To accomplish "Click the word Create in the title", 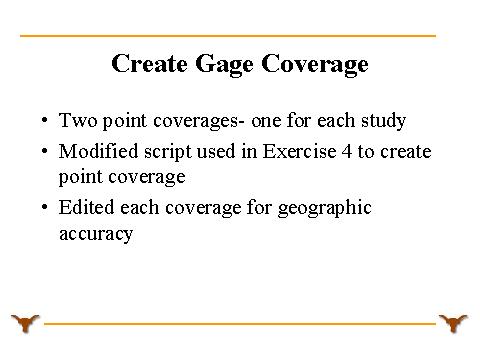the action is pyautogui.click(x=149, y=63).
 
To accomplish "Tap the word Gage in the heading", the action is pyautogui.click(x=224, y=65).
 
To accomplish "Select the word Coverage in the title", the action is pyautogui.click(x=315, y=65).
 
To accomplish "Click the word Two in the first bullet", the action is pyautogui.click(x=78, y=120).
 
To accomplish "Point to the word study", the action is pyautogui.click(x=384, y=121).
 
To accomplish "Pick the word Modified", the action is pyautogui.click(x=98, y=151).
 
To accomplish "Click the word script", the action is pyautogui.click(x=168, y=152).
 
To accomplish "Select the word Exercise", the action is pyautogui.click(x=299, y=151).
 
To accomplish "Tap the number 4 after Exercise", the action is pyautogui.click(x=347, y=152).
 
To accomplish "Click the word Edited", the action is pyautogui.click(x=86, y=207).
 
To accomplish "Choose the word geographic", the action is pyautogui.click(x=325, y=208).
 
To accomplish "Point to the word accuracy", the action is pyautogui.click(x=96, y=234).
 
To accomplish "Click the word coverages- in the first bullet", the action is pyautogui.click(x=199, y=121).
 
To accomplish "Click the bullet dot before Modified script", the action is pyautogui.click(x=45, y=151).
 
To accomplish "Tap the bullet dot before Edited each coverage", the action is pyautogui.click(x=45, y=207).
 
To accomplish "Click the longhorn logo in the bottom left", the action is pyautogui.click(x=25, y=323).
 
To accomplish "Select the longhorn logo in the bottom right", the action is pyautogui.click(x=453, y=323).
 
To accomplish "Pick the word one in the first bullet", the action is pyautogui.click(x=266, y=121).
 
